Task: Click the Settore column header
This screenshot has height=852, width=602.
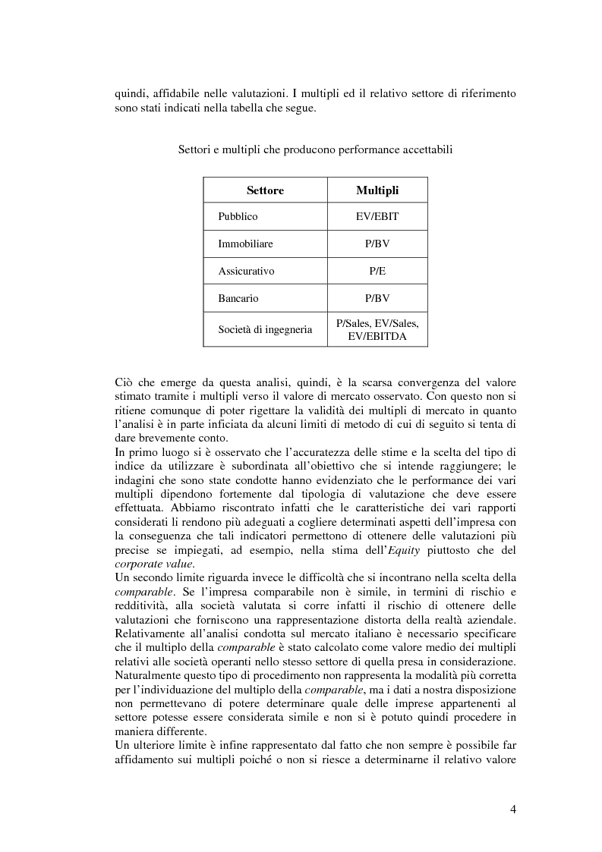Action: coord(265,190)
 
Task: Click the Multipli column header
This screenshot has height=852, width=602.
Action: coord(377,190)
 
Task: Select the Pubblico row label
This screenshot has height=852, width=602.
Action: coord(238,217)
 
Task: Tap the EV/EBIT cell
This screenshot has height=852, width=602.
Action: coord(377,217)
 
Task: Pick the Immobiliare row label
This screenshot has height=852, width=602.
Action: coord(245,244)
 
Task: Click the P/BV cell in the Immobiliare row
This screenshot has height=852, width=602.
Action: coord(377,244)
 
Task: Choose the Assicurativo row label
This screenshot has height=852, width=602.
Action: coord(246,271)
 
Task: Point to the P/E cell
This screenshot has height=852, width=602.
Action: coord(377,271)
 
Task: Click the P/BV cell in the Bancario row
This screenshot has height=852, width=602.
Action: coord(377,298)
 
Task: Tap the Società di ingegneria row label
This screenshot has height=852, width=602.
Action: coord(265,329)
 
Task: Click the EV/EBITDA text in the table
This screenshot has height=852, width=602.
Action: coord(377,335)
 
